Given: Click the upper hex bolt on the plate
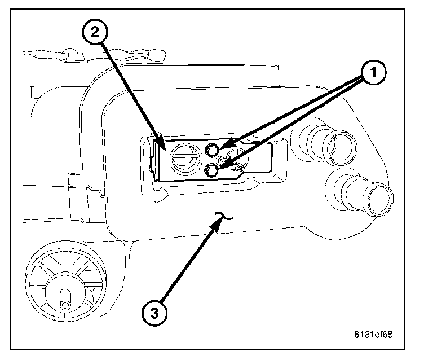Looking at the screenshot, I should click(213, 150).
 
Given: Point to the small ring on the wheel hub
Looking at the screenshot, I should click(64, 305).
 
